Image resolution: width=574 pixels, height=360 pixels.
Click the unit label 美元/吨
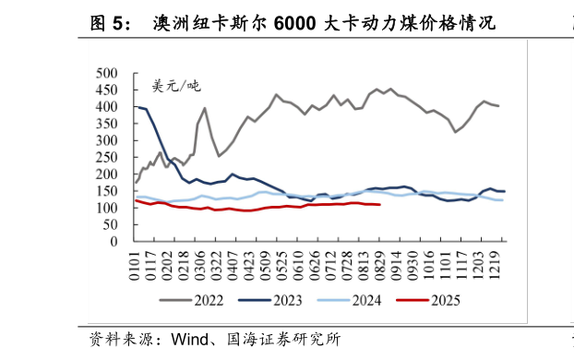[175, 86]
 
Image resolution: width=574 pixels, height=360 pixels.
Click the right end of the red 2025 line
[379, 205]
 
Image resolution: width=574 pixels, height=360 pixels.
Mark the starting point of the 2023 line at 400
[138, 107]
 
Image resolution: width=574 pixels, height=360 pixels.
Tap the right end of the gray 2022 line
[499, 106]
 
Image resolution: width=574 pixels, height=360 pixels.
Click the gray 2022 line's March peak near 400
[204, 108]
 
